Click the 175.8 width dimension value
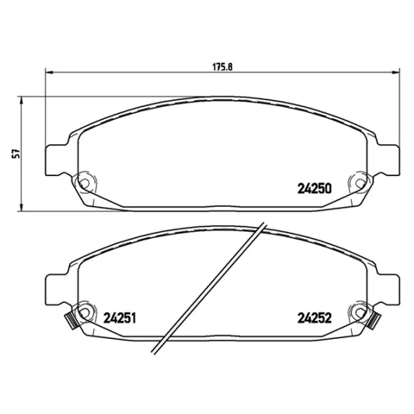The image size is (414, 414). click(x=222, y=67)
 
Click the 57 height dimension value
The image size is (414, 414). click(x=17, y=154)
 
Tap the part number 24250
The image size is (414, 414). click(x=315, y=189)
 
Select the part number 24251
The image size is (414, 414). click(x=119, y=318)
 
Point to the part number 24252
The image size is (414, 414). click(x=315, y=318)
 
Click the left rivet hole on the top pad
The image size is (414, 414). click(x=84, y=183)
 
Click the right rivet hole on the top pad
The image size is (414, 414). click(x=360, y=183)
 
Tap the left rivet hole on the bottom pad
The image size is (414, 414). click(x=84, y=313)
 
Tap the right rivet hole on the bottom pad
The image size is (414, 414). click(x=360, y=313)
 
